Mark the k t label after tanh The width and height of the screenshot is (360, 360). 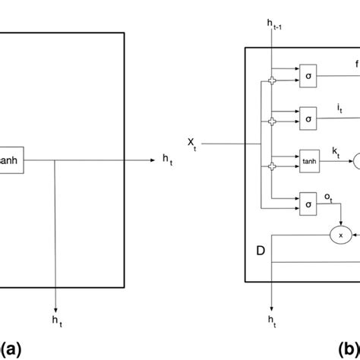(336, 152)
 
